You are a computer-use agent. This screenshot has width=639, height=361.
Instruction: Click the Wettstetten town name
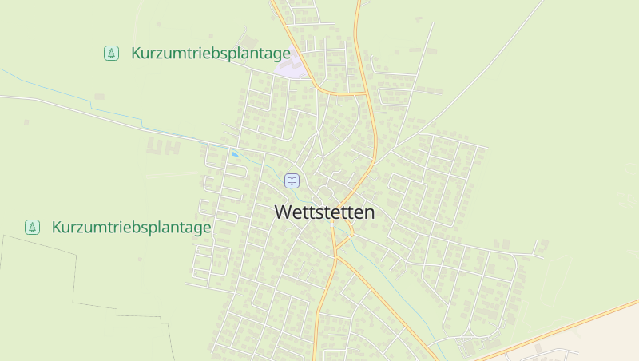point(324,213)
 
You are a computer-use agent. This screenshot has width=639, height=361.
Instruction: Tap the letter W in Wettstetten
point(282,213)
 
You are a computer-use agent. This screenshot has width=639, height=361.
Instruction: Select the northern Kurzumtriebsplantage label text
point(210,54)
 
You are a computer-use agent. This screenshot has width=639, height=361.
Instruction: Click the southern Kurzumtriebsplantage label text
point(131,228)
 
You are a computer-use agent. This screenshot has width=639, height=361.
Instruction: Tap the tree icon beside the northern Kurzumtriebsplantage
point(111,54)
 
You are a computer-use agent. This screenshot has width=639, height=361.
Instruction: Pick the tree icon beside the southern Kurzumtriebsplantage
point(32,228)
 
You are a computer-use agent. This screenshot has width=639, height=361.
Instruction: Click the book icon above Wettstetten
point(292,181)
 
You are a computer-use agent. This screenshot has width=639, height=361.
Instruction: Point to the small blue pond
point(235,154)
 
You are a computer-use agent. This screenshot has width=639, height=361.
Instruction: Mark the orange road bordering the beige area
point(559,328)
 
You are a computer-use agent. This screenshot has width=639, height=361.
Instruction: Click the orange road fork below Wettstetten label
point(336,255)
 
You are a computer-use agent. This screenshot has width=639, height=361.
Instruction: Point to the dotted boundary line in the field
point(76,272)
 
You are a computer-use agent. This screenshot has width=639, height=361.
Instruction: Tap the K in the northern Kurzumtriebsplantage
point(137,54)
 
